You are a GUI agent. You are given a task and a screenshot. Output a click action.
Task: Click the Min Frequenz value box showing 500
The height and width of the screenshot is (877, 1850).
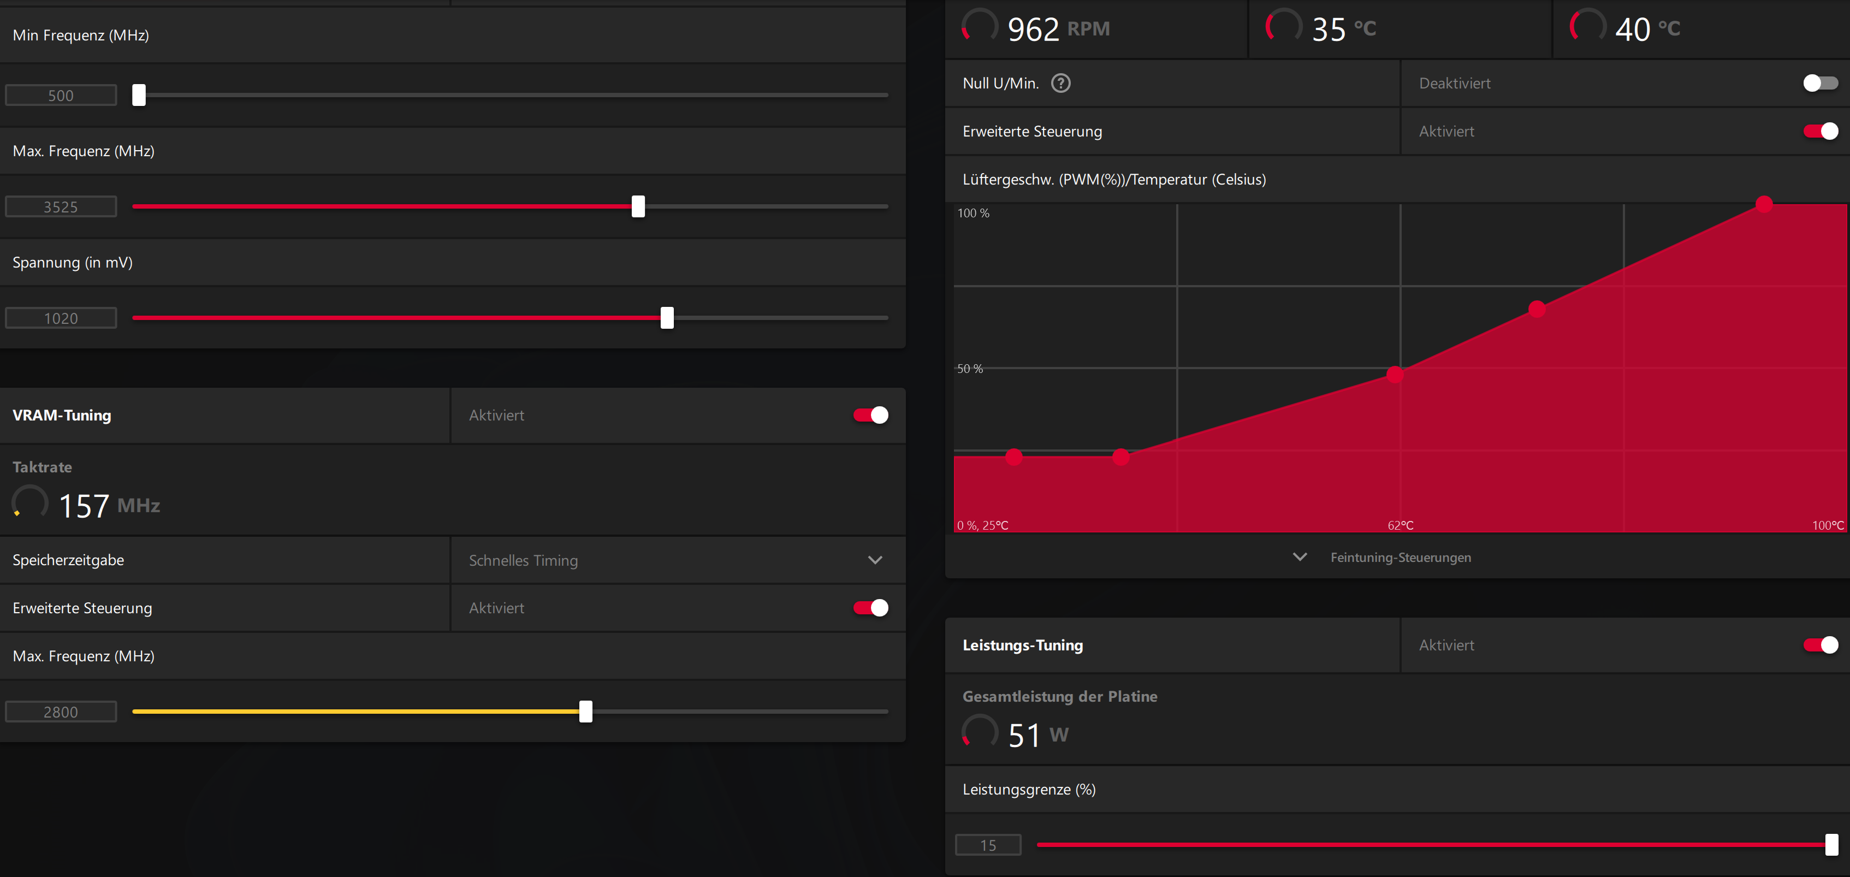click(61, 96)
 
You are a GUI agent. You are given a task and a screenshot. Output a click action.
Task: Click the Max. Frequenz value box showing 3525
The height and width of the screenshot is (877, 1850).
click(61, 207)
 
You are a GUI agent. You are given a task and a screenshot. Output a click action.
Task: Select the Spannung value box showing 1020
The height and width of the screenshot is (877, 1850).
click(61, 318)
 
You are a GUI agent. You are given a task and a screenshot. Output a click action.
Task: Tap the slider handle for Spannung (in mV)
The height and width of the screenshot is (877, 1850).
click(667, 317)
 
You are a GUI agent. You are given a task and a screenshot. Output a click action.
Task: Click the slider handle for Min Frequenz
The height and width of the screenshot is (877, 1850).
click(139, 95)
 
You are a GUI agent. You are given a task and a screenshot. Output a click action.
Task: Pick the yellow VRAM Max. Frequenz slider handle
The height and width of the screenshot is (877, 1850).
click(586, 711)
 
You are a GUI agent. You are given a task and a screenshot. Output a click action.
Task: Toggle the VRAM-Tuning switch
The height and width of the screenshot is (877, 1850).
click(870, 415)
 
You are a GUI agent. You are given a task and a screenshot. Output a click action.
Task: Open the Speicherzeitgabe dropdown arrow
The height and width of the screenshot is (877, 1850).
click(875, 560)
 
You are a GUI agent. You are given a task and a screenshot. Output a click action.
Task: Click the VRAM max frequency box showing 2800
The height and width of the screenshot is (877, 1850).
click(61, 712)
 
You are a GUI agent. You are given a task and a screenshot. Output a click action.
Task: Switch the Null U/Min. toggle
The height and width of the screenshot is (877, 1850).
click(1821, 84)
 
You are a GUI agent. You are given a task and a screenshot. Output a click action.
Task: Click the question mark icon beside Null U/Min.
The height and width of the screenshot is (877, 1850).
click(1061, 84)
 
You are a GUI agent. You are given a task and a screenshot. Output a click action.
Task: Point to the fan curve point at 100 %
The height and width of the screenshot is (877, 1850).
click(1764, 204)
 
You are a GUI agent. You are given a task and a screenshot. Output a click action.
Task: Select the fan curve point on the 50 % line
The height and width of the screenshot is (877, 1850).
click(1395, 374)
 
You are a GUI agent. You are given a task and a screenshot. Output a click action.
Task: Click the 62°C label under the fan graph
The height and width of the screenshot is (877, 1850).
click(1401, 525)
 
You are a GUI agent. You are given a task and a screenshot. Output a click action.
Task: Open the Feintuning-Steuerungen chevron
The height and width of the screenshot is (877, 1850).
click(1300, 556)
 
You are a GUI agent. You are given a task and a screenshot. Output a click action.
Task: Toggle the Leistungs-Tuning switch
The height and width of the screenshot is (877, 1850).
click(1821, 645)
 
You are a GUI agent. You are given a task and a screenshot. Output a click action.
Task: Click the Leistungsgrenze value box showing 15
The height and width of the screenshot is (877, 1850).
click(988, 845)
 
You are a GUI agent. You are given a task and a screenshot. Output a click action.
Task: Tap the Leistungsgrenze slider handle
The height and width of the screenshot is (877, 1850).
click(1832, 845)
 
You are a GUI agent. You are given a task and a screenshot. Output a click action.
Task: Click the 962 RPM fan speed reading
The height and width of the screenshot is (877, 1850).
click(1059, 29)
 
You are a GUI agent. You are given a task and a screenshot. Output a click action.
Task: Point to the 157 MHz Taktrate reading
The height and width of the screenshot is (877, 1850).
click(109, 506)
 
